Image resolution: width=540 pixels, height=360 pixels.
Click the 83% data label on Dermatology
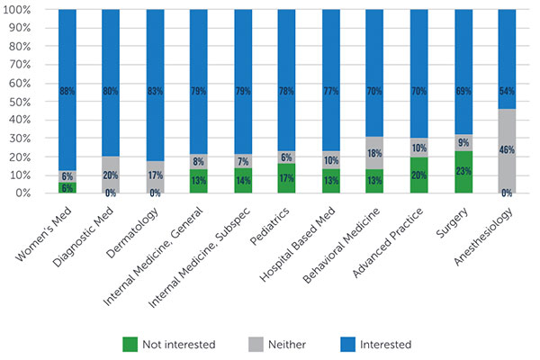tap(155, 91)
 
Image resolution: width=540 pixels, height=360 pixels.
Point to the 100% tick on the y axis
tap(22, 10)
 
